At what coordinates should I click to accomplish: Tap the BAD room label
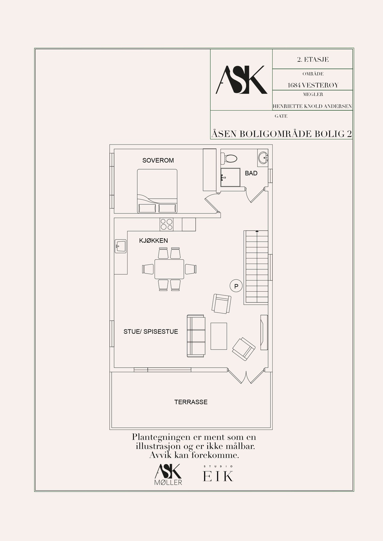[x=251, y=173]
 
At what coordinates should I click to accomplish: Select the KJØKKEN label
[x=153, y=241]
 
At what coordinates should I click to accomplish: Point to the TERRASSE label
[x=191, y=402]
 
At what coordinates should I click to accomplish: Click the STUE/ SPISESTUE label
[x=151, y=332]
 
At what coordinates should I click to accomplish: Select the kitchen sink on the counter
[x=120, y=246]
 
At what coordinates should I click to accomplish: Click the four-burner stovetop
[x=167, y=224]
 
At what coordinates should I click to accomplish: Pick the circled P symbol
[x=236, y=286]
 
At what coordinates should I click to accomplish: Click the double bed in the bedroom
[x=157, y=191]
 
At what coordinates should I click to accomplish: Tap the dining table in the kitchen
[x=169, y=269]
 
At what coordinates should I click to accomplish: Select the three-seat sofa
[x=196, y=336]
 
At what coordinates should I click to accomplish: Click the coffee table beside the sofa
[x=219, y=336]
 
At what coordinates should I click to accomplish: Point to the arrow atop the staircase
[x=257, y=231]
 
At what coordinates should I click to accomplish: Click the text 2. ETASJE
[x=313, y=60]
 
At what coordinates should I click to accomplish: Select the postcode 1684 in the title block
[x=294, y=85]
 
